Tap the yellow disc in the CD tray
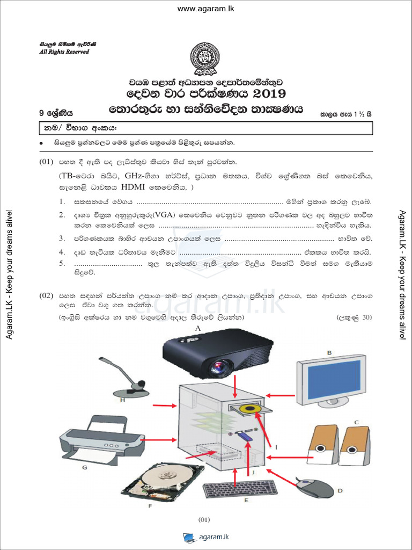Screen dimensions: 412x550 (x=251, y=410)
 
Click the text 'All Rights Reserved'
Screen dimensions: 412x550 (x=64, y=52)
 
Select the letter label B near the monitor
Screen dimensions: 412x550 (x=330, y=352)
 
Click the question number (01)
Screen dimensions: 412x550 (x=46, y=162)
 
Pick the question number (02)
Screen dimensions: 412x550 (x=46, y=295)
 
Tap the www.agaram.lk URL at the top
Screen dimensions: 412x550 (x=206, y=9)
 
